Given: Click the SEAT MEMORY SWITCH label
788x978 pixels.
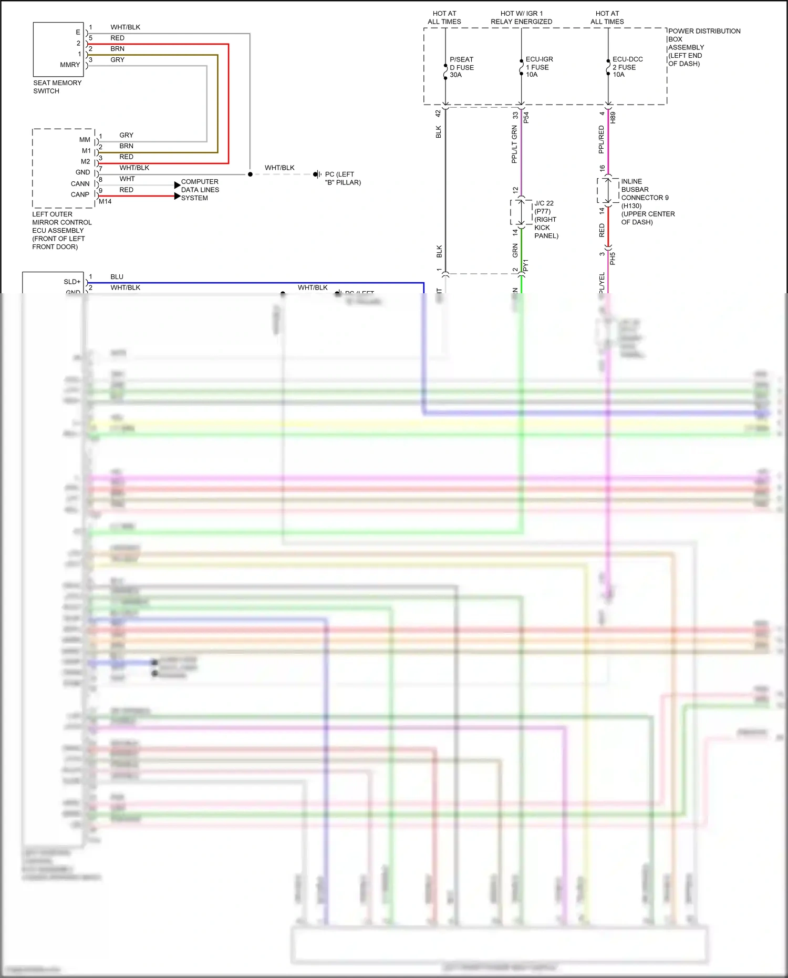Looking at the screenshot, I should point(57,87).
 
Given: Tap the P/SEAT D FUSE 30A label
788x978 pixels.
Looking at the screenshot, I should point(462,67).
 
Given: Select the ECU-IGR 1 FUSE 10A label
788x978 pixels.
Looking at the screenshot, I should point(539,67).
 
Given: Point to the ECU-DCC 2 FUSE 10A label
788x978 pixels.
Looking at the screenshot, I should point(627,67).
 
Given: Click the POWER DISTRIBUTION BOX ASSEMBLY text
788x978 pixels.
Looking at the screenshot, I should point(703,47).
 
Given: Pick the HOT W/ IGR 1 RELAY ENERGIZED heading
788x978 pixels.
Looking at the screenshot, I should point(521,17).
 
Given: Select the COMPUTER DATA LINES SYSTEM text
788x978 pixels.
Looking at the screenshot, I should point(200,190).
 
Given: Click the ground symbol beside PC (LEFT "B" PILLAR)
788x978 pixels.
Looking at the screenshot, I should point(317,174).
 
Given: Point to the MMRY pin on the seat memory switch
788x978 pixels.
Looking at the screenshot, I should point(70,65).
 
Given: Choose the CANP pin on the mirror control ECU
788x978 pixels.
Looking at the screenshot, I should point(80,194).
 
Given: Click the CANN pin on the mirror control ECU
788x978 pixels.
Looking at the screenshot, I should point(80,184).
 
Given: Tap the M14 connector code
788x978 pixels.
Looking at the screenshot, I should point(105,201).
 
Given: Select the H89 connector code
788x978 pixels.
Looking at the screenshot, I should point(613,117).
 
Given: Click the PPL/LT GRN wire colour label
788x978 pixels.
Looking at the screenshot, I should point(514,144).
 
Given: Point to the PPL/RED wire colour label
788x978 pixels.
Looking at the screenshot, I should point(602,139).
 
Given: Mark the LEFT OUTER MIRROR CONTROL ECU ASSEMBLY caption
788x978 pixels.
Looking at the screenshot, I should point(61,230).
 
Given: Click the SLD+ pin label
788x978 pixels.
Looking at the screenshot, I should point(72,282).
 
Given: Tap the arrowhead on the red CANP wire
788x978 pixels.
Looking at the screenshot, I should point(177,196).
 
